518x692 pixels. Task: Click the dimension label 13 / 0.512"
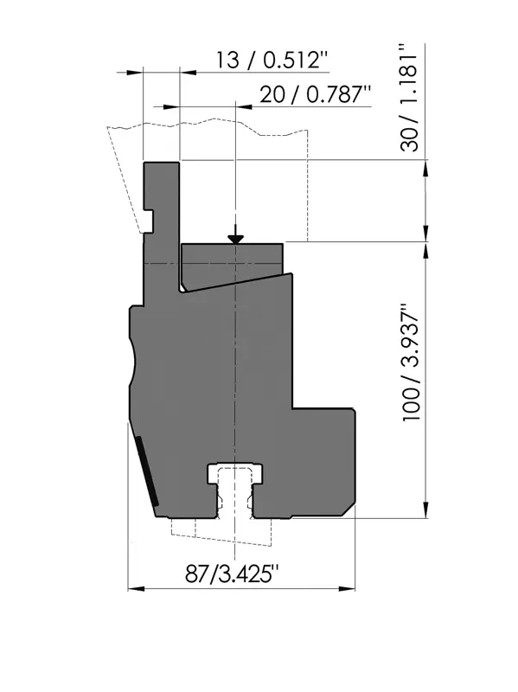[x=272, y=59]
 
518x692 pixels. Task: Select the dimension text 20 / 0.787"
[x=315, y=94]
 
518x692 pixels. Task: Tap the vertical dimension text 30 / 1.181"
[x=409, y=98]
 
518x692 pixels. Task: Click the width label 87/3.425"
[x=232, y=574]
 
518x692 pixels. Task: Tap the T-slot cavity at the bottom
[x=235, y=490]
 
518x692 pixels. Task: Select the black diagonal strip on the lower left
[x=147, y=471]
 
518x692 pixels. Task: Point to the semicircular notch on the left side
[x=132, y=362]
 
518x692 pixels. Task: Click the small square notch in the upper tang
[x=149, y=221]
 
